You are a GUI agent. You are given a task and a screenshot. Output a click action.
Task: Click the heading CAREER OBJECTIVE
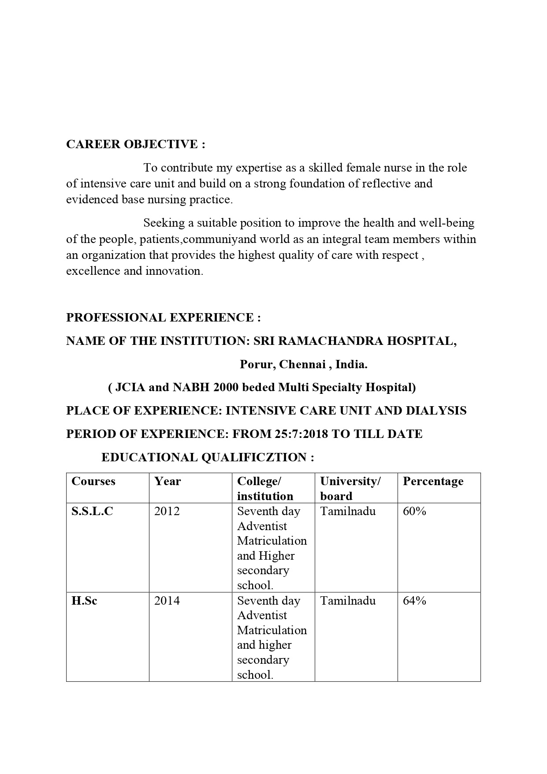point(135,144)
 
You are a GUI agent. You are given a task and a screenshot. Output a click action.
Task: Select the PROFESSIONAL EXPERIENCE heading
point(163,318)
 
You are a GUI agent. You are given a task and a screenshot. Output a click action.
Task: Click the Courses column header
point(93,481)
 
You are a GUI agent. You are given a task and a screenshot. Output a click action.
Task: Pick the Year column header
point(167,481)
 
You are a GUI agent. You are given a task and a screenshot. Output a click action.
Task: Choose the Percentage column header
point(433,481)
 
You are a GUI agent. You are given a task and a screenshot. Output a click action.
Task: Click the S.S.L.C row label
point(92,511)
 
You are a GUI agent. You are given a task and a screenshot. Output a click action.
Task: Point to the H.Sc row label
point(84,601)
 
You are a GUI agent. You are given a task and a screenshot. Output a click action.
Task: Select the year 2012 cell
point(167,511)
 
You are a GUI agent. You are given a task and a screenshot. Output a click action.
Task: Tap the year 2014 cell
point(167,601)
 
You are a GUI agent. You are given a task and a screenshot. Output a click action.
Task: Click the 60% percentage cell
point(414,511)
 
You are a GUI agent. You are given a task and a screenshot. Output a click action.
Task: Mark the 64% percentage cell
point(414,601)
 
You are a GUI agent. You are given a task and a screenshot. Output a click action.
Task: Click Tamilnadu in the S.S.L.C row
point(348,511)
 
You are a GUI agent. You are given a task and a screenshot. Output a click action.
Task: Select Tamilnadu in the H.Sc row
point(348,601)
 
